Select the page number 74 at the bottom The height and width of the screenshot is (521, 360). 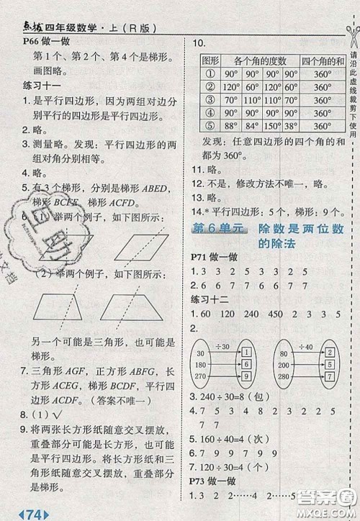point(33,512)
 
